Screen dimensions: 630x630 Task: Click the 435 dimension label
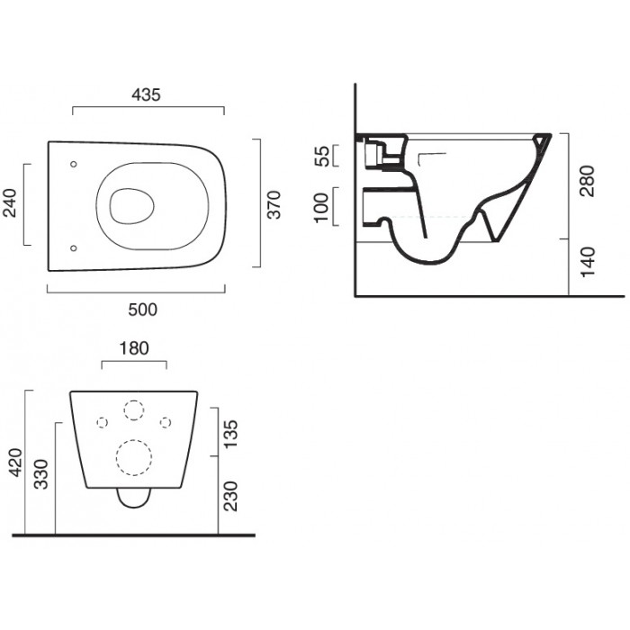tap(146, 94)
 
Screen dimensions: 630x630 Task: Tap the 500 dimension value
tap(142, 310)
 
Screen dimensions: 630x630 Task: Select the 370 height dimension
tap(274, 205)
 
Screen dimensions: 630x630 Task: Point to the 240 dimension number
tap(10, 202)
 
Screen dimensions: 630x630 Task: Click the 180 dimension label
tap(134, 348)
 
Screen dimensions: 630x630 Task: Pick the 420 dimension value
tap(16, 463)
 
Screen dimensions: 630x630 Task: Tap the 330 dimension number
tap(40, 474)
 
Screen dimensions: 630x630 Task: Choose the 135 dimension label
tap(230, 435)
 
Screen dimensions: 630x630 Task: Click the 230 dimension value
tap(230, 497)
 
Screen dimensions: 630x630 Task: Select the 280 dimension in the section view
tap(588, 181)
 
